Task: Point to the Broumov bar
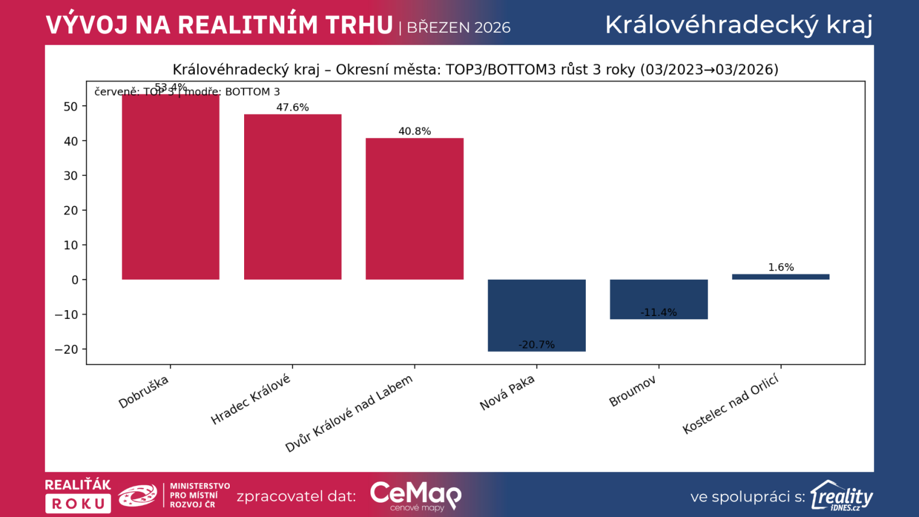pyautogui.click(x=658, y=299)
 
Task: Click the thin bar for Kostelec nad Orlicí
pyautogui.click(x=781, y=277)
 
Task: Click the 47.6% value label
pyautogui.click(x=292, y=107)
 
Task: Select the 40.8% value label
pyautogui.click(x=414, y=131)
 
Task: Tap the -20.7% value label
pyautogui.click(x=536, y=345)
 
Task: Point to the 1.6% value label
pyautogui.click(x=781, y=267)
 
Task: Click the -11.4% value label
pyautogui.click(x=658, y=312)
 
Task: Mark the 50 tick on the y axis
pyautogui.click(x=71, y=106)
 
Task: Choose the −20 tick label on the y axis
pyautogui.click(x=66, y=349)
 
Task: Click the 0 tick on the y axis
pyautogui.click(x=75, y=280)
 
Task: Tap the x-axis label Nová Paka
pyautogui.click(x=507, y=393)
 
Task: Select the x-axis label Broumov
pyautogui.click(x=632, y=391)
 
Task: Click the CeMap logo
pyautogui.click(x=415, y=495)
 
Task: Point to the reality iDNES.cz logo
pyautogui.click(x=841, y=496)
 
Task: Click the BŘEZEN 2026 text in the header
pyautogui.click(x=458, y=28)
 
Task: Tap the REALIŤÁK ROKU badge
pyautogui.click(x=78, y=495)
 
